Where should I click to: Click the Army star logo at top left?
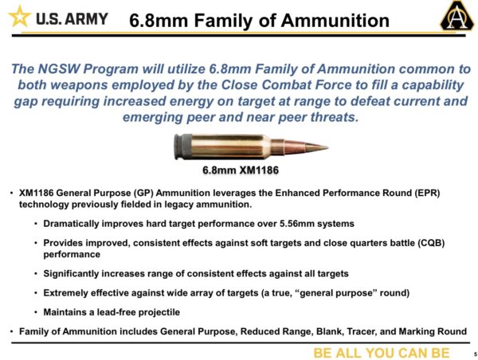tap(20, 18)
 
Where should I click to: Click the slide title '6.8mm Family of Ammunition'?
tap(261, 20)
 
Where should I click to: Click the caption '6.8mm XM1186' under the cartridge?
tap(239, 170)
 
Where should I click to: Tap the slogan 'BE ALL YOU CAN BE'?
tap(381, 352)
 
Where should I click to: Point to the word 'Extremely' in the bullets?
tap(69, 292)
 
